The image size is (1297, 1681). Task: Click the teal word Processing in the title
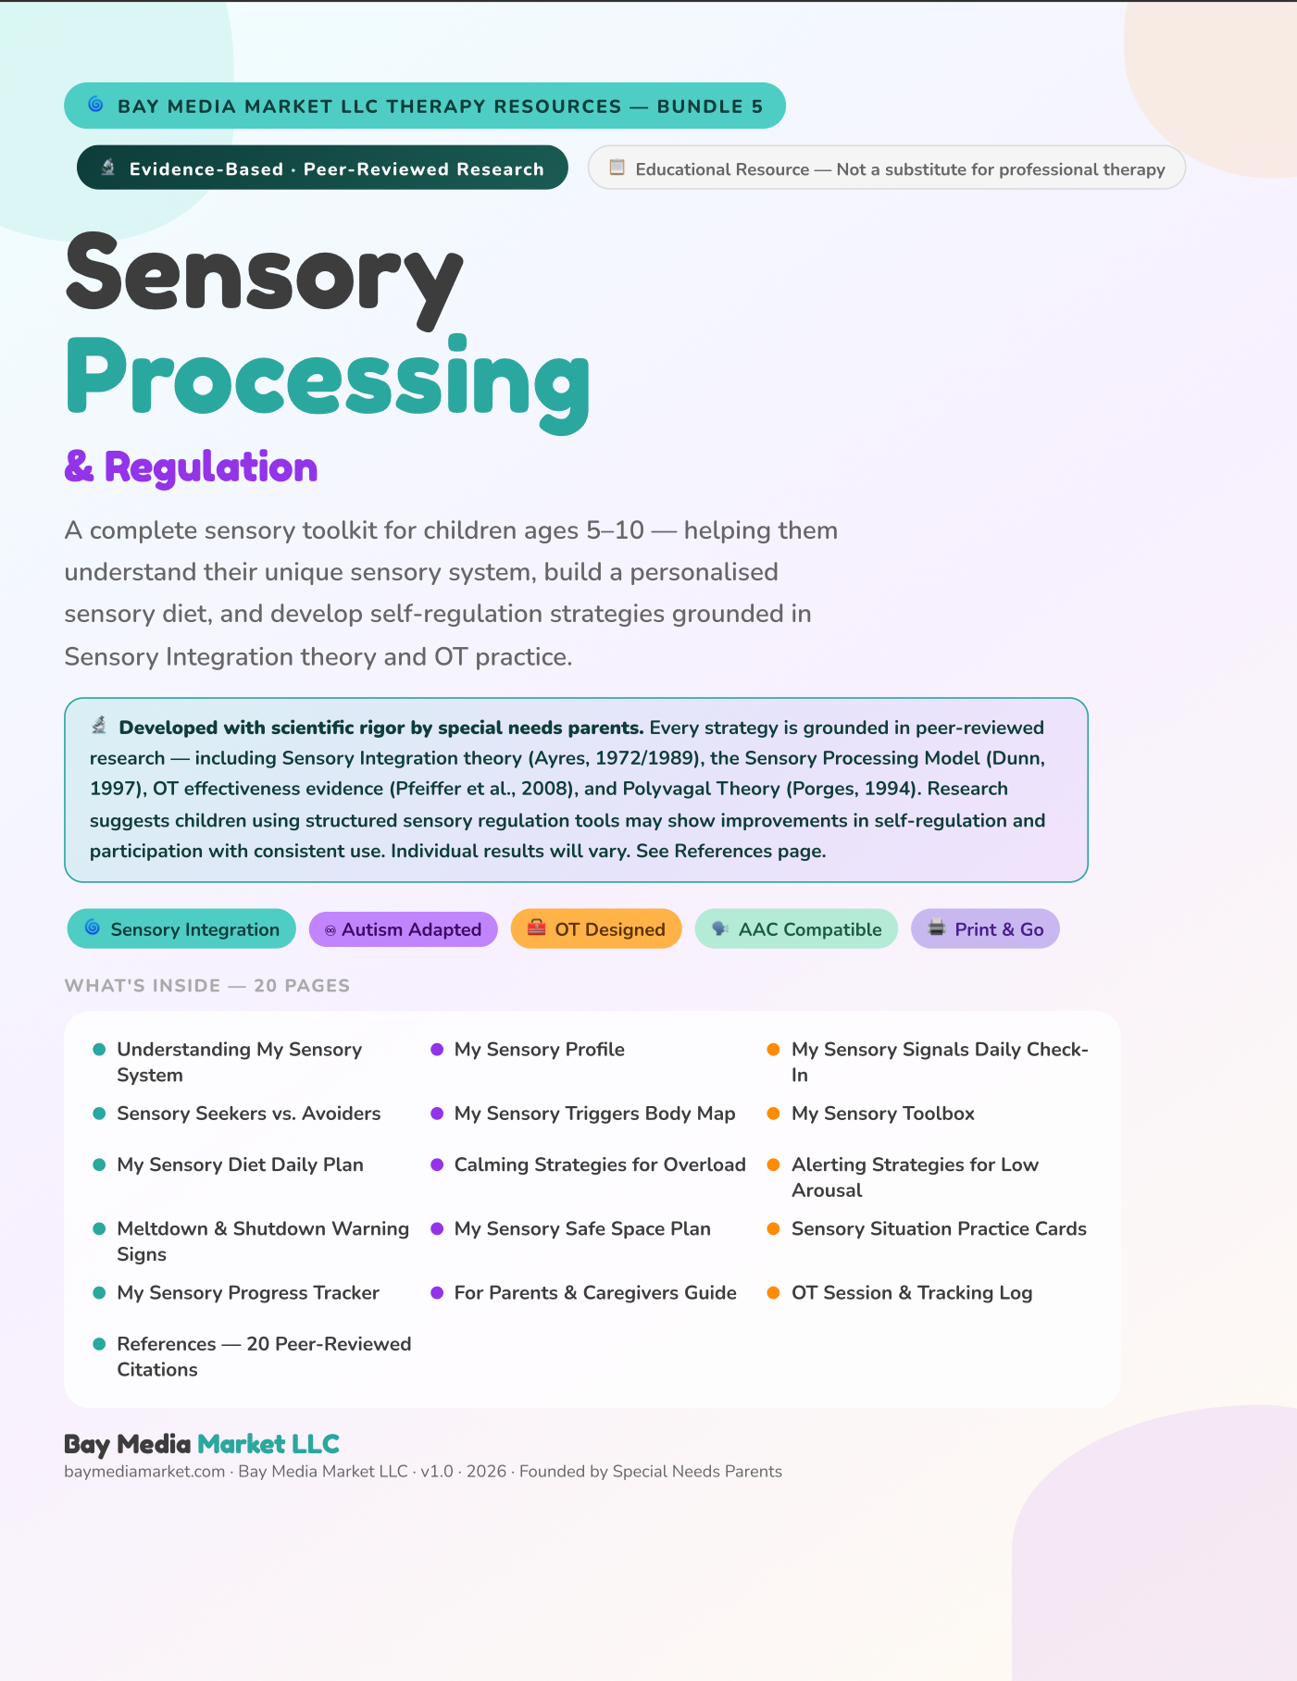(328, 381)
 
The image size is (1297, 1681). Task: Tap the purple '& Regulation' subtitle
(191, 467)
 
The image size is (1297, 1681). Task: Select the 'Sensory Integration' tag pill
(181, 929)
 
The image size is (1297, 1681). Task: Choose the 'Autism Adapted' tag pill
(403, 929)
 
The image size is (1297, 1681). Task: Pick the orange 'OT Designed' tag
(596, 929)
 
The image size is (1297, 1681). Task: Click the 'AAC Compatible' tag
(796, 929)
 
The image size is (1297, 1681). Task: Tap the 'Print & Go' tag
(985, 929)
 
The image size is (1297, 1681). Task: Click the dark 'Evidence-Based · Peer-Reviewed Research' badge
(322, 168)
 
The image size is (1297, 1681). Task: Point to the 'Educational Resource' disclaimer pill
(887, 168)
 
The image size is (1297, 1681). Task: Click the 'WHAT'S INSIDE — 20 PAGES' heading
(207, 986)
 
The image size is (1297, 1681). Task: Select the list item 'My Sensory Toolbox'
(883, 1114)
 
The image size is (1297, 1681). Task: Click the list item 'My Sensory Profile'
(540, 1050)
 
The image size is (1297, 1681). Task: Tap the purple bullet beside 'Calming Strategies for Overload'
(437, 1164)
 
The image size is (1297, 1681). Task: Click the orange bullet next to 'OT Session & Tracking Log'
(774, 1293)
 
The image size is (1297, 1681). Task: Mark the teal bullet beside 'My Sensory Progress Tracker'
(99, 1293)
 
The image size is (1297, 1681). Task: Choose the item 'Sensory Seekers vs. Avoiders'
(249, 1114)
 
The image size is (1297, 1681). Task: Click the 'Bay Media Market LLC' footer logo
(202, 1444)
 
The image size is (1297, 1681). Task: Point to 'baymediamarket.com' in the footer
(144, 1472)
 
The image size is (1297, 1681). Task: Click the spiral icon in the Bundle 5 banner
(95, 105)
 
